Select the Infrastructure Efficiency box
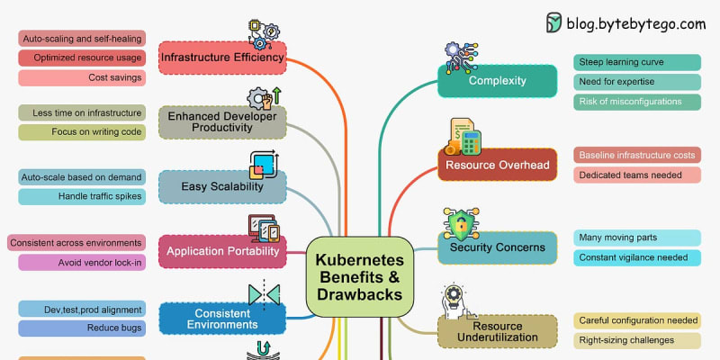coord(222,58)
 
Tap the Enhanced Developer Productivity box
coord(222,122)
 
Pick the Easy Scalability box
coord(222,187)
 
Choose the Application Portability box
coord(222,252)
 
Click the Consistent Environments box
coord(222,317)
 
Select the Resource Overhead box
coord(497,165)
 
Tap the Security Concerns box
coord(497,247)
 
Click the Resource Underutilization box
coord(497,331)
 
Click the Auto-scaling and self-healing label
coord(81,39)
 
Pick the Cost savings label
coord(81,77)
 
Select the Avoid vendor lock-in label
coord(81,263)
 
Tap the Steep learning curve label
coord(637,62)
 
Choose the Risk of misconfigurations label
coord(637,102)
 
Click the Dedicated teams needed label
coord(637,175)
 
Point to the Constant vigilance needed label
coord(637,257)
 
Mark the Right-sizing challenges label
coord(637,340)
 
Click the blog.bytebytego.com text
coord(635,24)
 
